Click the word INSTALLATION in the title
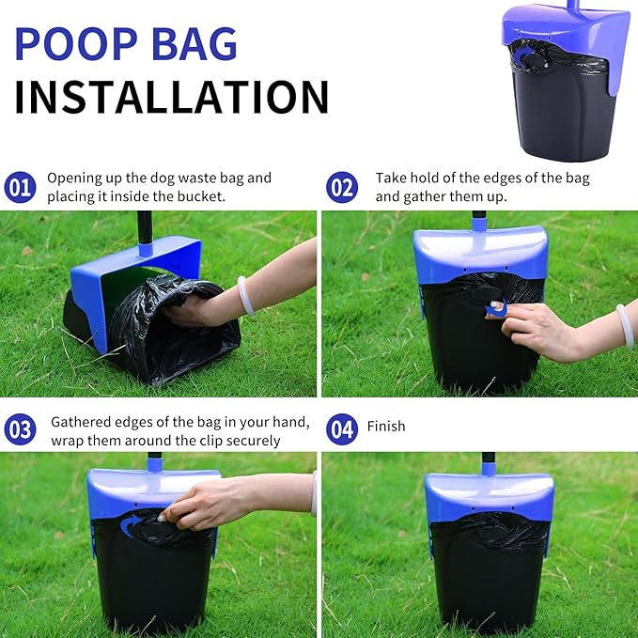171,97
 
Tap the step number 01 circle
20,187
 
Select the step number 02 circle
342,187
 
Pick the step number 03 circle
20,429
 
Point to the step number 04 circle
342,429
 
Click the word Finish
386,427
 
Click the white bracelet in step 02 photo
624,325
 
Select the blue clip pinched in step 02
497,308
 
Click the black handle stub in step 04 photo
489,462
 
